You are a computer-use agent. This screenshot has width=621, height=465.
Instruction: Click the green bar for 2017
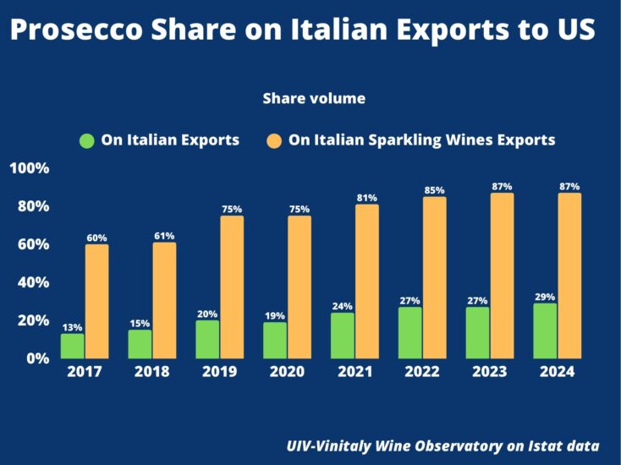click(x=73, y=345)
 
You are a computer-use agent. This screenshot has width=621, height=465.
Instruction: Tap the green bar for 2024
click(x=545, y=330)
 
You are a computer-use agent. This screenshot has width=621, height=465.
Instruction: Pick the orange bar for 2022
click(x=434, y=276)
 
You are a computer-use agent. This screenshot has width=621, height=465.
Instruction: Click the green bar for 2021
click(x=343, y=335)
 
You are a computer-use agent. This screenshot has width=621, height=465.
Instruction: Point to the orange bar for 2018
click(x=164, y=299)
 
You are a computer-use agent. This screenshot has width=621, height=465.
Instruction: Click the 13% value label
click(x=72, y=327)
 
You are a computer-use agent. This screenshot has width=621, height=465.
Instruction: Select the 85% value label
click(x=434, y=190)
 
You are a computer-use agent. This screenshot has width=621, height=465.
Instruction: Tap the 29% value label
click(x=545, y=297)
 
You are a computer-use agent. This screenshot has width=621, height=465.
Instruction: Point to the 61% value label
click(x=164, y=236)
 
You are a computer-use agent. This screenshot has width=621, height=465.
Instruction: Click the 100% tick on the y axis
click(x=30, y=168)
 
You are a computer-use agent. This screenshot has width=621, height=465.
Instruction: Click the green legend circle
click(x=86, y=140)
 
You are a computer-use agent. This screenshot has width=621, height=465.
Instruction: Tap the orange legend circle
click(x=274, y=140)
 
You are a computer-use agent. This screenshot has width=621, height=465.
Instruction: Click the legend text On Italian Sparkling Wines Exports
click(x=421, y=140)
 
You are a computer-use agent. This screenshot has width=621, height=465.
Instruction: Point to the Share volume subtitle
click(x=314, y=99)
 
